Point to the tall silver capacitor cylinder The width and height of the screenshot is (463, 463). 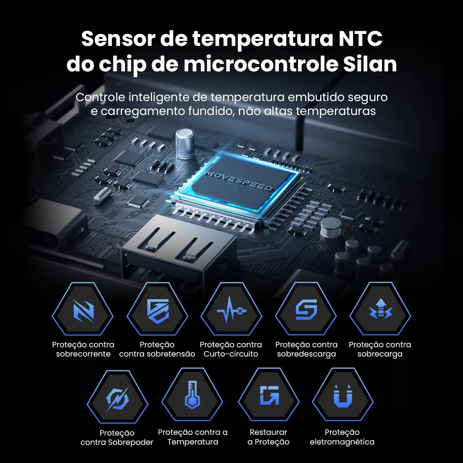pos(184,144)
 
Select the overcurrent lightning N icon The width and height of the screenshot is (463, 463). pos(83,311)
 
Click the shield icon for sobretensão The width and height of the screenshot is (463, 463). pos(158,311)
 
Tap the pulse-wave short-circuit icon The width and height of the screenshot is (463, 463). pos(231,310)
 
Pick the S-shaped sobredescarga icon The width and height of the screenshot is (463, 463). pos(306,310)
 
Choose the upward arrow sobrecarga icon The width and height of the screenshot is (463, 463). pos(380,309)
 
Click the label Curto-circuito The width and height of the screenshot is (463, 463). pos(231,354)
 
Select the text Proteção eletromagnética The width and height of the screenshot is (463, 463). pos(342,437)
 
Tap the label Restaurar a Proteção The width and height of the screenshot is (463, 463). pos(269,437)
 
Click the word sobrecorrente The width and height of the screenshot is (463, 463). pos(83,354)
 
